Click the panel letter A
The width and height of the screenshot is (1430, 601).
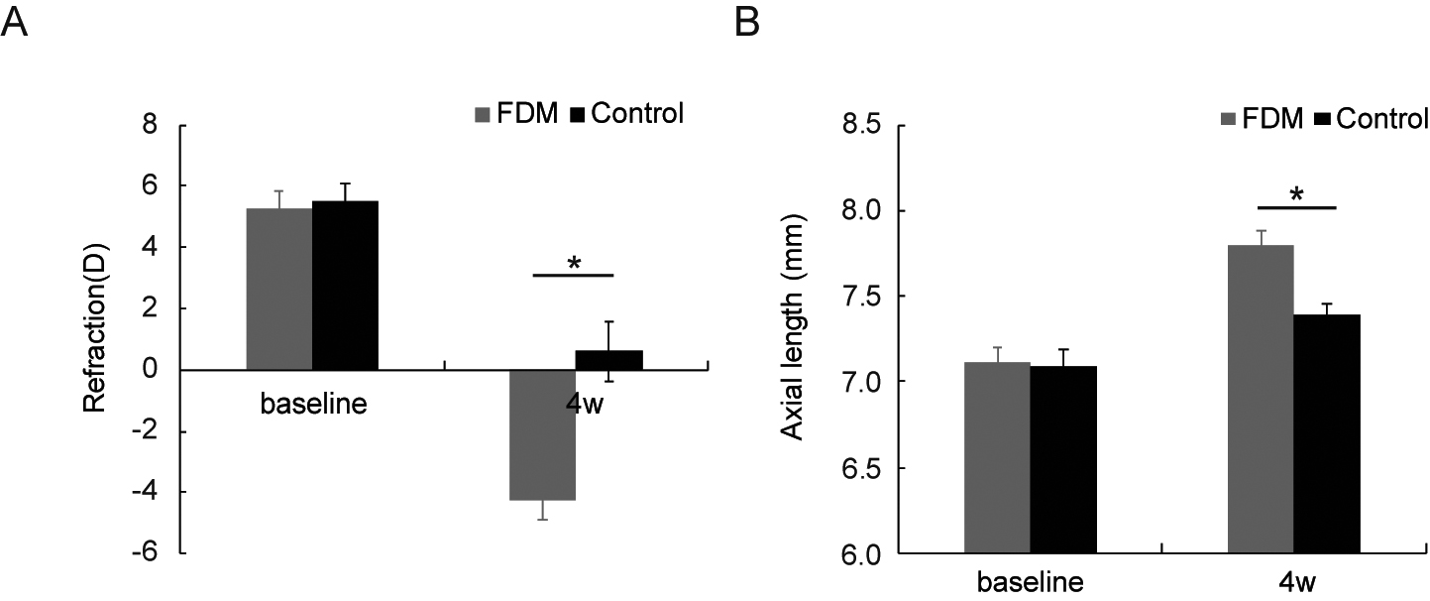pos(14,21)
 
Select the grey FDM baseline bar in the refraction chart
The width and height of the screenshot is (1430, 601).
pos(279,289)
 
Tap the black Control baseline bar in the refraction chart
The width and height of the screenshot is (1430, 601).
pos(345,286)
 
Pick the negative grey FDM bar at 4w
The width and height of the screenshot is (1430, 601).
pos(542,434)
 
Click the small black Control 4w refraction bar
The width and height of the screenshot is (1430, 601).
pos(609,360)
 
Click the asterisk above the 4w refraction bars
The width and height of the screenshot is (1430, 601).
pos(573,265)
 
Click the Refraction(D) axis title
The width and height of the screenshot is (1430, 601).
pos(96,338)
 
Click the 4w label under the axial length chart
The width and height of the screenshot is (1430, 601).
pos(1294,580)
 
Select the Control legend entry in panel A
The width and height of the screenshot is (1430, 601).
pos(627,114)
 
